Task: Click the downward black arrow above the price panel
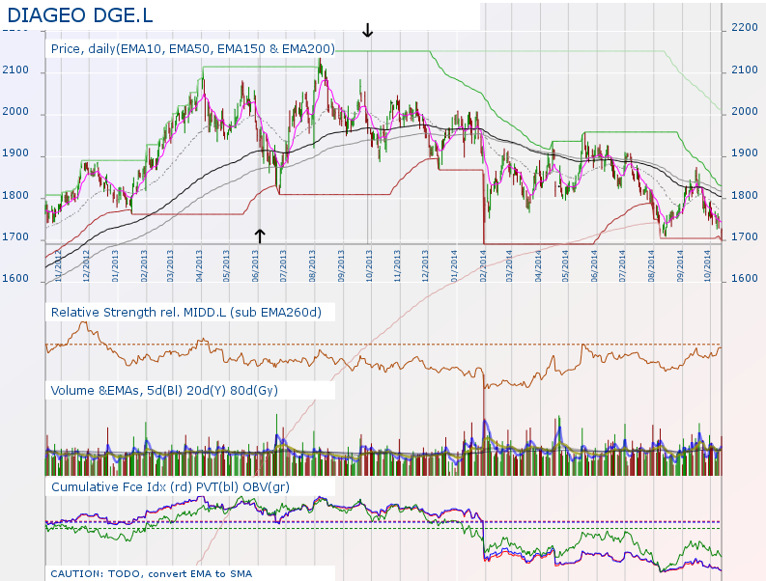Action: click(367, 30)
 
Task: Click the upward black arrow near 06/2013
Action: click(259, 234)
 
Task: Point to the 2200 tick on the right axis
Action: click(745, 28)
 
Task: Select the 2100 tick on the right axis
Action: click(745, 69)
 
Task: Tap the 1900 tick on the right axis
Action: click(745, 153)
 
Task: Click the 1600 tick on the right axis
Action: click(745, 279)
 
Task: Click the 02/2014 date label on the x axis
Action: click(483, 263)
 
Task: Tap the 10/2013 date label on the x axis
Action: click(370, 263)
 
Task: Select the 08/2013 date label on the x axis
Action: click(313, 263)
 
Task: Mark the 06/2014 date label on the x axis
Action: click(595, 263)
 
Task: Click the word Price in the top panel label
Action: click(67, 48)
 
